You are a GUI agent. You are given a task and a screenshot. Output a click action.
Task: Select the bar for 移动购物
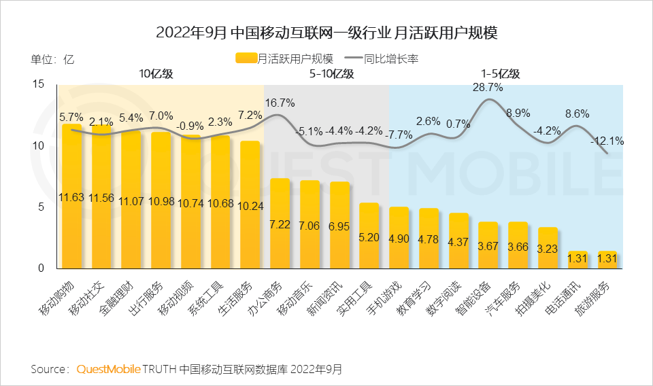[71, 197]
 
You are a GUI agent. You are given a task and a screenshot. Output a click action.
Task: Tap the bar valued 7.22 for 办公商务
[280, 224]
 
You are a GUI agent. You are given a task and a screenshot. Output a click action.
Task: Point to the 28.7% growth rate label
[488, 88]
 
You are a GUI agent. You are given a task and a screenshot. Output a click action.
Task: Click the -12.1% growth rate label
[607, 141]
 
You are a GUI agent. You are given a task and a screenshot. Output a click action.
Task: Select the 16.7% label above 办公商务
[280, 103]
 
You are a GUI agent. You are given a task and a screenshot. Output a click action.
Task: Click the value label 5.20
[369, 239]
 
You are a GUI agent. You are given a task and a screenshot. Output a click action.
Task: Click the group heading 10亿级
[156, 74]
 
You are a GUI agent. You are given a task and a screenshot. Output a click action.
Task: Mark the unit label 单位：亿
[52, 59]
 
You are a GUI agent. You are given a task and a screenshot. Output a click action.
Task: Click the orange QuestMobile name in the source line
[108, 369]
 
